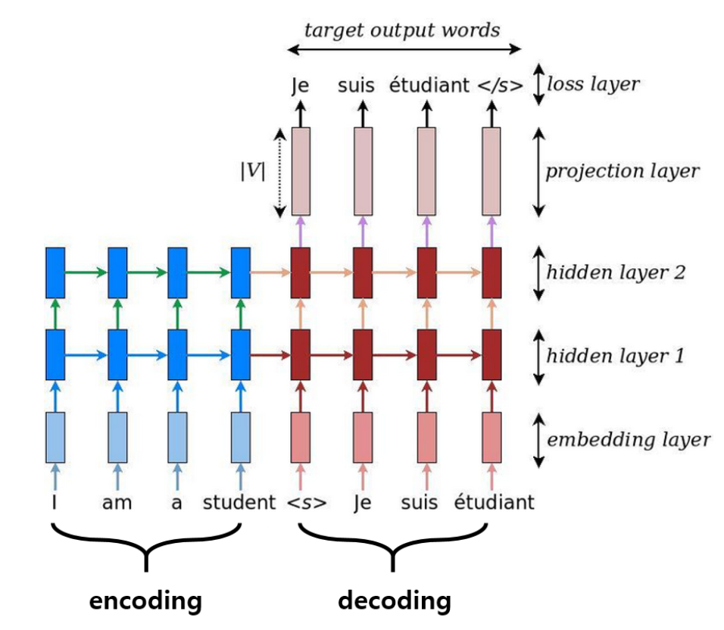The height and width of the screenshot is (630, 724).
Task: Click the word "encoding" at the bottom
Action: [x=145, y=601]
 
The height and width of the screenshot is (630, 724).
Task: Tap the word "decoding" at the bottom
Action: [x=395, y=601]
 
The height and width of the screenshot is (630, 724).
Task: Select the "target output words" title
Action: [x=401, y=30]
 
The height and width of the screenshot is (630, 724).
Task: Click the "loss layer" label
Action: [x=593, y=84]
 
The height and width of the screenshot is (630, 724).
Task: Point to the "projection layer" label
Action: [x=623, y=171]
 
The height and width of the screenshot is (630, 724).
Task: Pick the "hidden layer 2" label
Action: [x=616, y=273]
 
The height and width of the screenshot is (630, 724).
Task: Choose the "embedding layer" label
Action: [x=629, y=439]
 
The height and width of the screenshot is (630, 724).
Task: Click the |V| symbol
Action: [x=253, y=171]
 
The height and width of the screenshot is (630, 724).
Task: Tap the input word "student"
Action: [x=239, y=502]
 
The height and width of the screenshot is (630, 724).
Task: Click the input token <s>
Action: [x=307, y=503]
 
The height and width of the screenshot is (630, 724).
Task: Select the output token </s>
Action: [x=500, y=86]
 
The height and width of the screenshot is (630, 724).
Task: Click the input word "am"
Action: [x=117, y=503]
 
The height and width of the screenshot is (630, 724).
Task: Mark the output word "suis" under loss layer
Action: [x=356, y=86]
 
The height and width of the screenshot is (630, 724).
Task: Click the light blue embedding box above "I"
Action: [x=55, y=438]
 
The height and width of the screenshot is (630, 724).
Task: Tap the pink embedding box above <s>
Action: [x=301, y=438]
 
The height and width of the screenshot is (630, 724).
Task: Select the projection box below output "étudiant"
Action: [x=426, y=171]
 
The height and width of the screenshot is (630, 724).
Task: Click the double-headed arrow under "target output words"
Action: [x=404, y=49]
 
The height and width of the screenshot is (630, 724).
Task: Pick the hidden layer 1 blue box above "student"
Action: [x=241, y=355]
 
